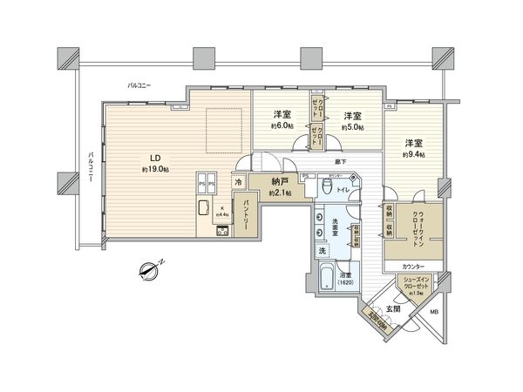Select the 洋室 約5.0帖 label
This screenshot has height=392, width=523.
click(x=352, y=119)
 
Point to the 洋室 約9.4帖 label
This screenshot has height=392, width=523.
click(x=413, y=147)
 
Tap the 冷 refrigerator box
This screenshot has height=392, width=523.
click(x=237, y=182)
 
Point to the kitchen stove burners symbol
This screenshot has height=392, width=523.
click(x=221, y=230)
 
